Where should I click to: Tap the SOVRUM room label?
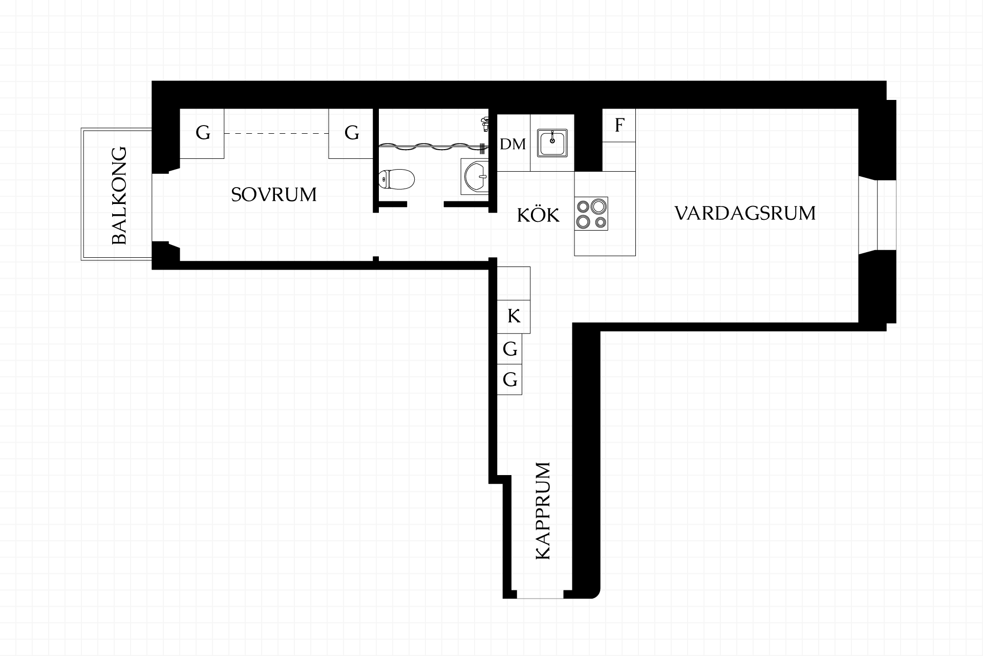pyautogui.click(x=274, y=195)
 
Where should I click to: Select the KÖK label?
pyautogui.click(x=538, y=214)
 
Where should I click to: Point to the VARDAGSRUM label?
pyautogui.click(x=745, y=213)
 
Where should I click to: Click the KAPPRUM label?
pyautogui.click(x=542, y=510)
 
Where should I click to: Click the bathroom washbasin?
pyautogui.click(x=475, y=176)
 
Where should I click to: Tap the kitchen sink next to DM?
pyautogui.click(x=552, y=142)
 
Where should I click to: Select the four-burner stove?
pyautogui.click(x=591, y=213)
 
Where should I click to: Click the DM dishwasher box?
pyautogui.click(x=514, y=143)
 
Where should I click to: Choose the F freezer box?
pyautogui.click(x=619, y=125)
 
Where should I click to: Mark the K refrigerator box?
pyautogui.click(x=514, y=316)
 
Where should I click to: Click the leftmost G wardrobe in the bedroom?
pyautogui.click(x=202, y=133)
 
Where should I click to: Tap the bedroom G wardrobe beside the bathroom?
pyautogui.click(x=351, y=133)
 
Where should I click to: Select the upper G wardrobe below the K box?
pyautogui.click(x=509, y=349)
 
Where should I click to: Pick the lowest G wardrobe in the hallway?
pyautogui.click(x=509, y=380)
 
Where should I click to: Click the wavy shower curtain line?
pyautogui.click(x=430, y=148)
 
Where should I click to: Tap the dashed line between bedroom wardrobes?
pyautogui.click(x=276, y=134)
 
